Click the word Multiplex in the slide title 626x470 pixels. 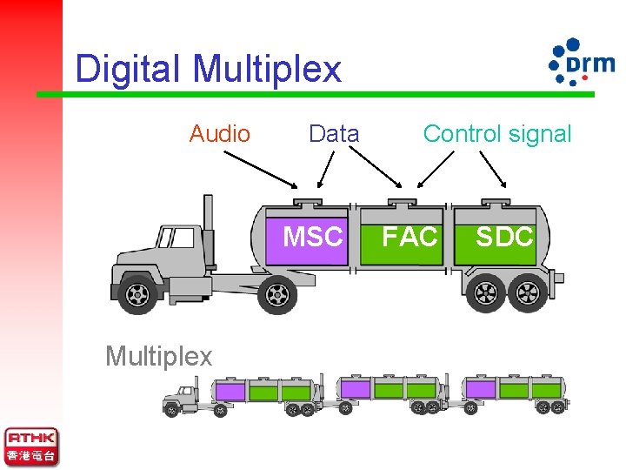coord(267,69)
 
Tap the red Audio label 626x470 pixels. coord(220,134)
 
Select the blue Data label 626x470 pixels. coord(334,134)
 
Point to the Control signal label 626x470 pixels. coord(496,134)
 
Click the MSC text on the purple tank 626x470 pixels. coord(314,237)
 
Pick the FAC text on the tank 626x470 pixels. coord(410,237)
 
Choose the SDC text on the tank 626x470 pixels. coord(504,237)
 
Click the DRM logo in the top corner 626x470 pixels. coord(580,61)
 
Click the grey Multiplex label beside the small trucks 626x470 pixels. coord(158,356)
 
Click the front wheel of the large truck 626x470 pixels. coord(138,294)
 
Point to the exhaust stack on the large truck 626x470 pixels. coord(209,223)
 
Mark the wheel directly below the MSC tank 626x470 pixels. coord(276,295)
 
